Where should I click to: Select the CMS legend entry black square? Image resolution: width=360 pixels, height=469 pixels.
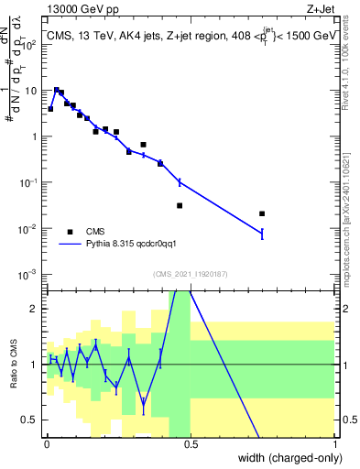(x=70, y=232)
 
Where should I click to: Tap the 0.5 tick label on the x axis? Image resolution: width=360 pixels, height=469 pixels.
(x=191, y=442)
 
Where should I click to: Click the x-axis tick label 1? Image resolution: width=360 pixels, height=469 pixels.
(x=335, y=442)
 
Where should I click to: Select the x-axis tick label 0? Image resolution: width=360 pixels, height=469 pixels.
(x=46, y=442)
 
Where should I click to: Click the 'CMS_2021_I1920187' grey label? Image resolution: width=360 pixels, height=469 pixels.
(x=191, y=274)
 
